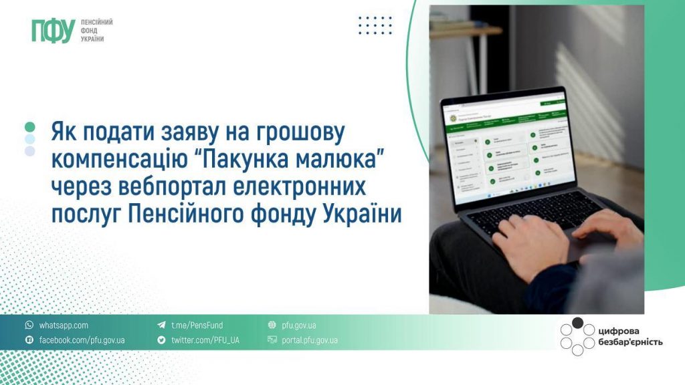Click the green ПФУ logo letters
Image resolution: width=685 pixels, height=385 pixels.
(x=52, y=31)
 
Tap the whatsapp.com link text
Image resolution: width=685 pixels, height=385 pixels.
(x=64, y=326)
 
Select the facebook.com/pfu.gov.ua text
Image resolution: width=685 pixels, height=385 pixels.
(x=82, y=340)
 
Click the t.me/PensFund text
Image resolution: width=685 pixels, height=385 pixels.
(x=197, y=326)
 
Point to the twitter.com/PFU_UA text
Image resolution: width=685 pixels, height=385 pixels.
(x=205, y=340)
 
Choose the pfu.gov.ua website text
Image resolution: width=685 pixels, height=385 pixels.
(x=299, y=326)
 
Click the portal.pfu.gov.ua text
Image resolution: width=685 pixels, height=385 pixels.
(x=310, y=340)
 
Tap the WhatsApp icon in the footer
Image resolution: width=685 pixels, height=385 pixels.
(x=29, y=326)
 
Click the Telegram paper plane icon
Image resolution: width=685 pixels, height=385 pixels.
(x=161, y=326)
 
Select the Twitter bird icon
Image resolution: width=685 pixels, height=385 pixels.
(x=161, y=340)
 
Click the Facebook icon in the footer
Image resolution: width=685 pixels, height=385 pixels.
(x=29, y=340)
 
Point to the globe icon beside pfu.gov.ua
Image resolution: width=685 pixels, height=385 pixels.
(x=272, y=326)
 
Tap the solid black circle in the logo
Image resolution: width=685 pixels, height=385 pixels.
(x=577, y=324)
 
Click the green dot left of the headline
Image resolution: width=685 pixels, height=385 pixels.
(x=29, y=126)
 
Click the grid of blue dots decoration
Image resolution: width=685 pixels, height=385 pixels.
(x=375, y=25)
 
